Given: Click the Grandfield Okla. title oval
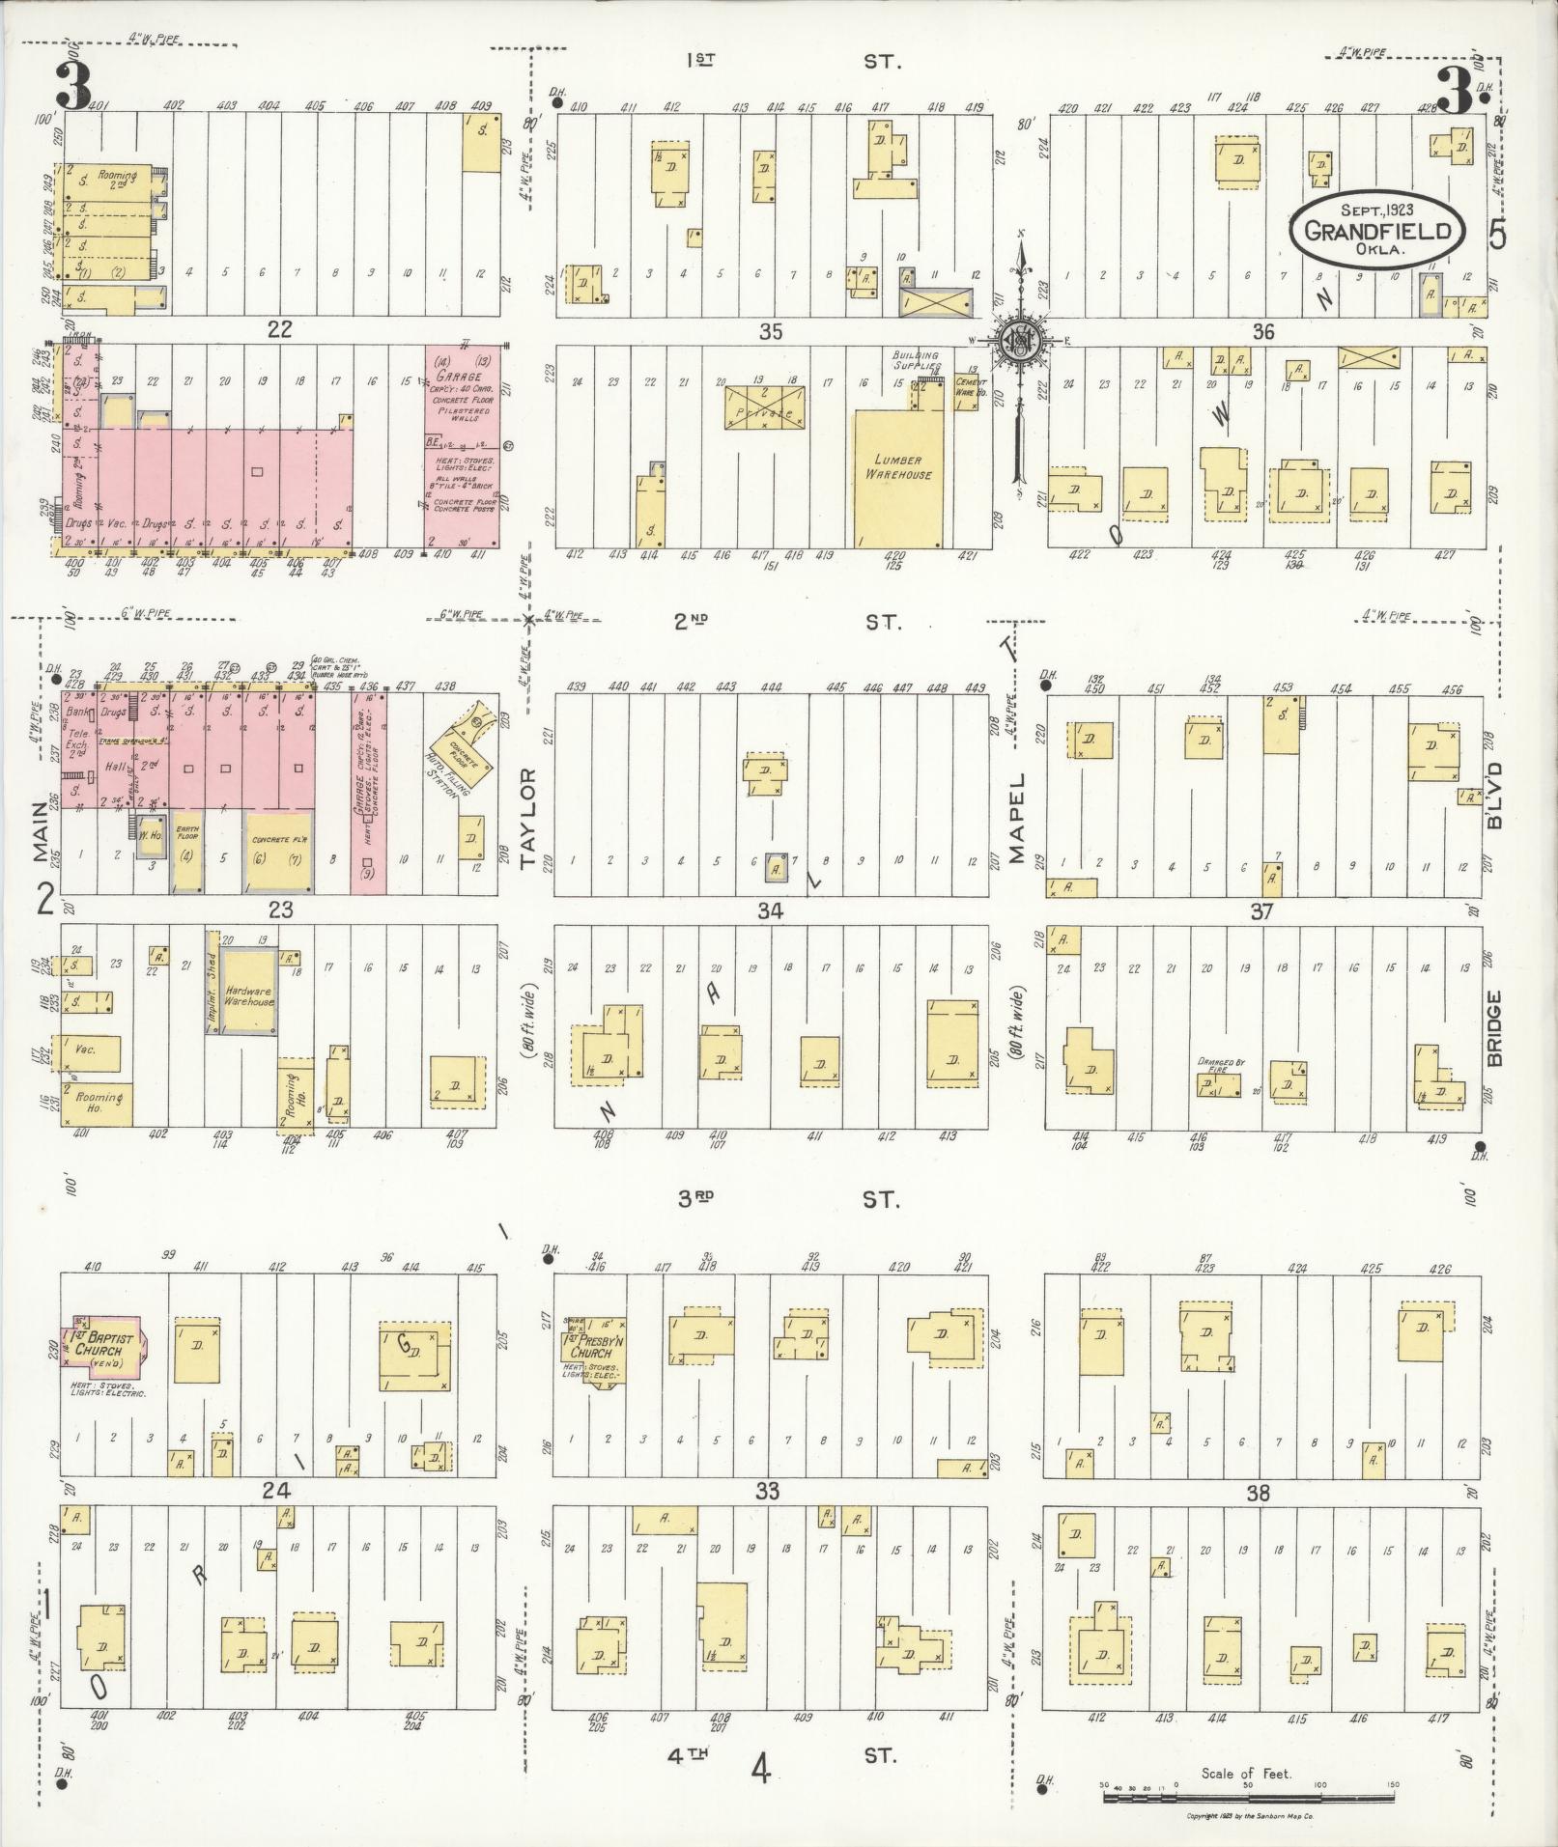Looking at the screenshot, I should pos(1377,229).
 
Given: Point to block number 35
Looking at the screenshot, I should pos(770,332).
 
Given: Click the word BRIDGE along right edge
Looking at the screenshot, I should pos(1495,1028).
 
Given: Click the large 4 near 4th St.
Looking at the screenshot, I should pos(761,1771).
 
